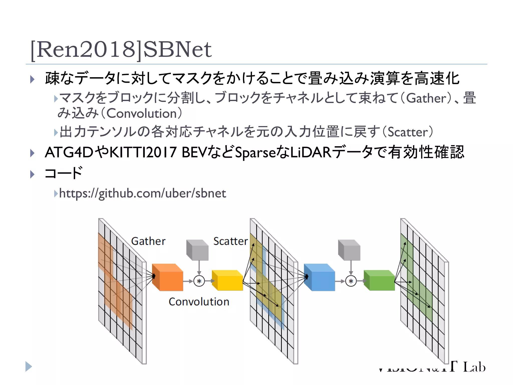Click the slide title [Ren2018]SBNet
coord(121,49)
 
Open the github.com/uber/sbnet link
coord(143,193)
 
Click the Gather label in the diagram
coord(148,241)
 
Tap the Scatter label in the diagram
coord(230,241)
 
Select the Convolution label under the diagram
coord(199,302)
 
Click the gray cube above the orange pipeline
coord(198,250)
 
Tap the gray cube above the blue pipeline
coord(349,250)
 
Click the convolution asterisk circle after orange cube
coord(199,281)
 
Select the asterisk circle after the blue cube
coord(351,281)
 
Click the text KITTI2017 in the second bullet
coord(144,152)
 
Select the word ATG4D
coord(69,152)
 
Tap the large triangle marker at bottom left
coord(29,366)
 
